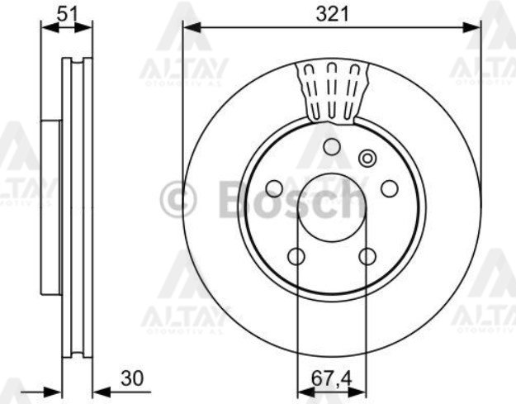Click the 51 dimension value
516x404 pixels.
[67, 12]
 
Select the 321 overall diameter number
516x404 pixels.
[331, 13]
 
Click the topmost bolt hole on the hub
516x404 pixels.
[331, 147]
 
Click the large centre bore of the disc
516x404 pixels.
[331, 207]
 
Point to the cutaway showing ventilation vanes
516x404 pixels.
[332, 91]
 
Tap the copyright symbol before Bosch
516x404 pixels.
[178, 201]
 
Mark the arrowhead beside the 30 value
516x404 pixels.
[97, 390]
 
